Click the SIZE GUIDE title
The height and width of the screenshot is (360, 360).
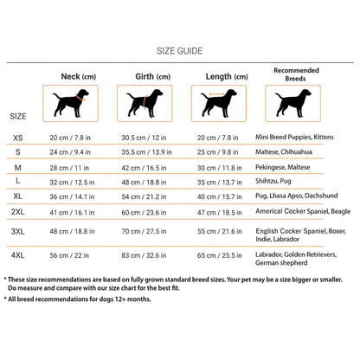tap(179, 51)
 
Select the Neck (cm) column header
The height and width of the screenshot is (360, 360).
tap(79, 77)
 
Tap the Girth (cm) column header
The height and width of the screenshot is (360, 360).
tap(153, 77)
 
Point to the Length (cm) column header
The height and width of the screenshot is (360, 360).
tap(227, 77)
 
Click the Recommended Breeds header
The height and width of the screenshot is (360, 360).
tap(296, 74)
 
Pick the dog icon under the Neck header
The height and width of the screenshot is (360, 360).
tap(70, 103)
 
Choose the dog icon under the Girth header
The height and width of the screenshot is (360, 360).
tap(145, 103)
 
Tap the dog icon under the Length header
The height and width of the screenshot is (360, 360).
tap(219, 103)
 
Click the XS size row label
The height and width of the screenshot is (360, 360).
tap(18, 138)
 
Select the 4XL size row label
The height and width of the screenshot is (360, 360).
tap(18, 255)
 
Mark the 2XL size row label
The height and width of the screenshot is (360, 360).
tap(18, 212)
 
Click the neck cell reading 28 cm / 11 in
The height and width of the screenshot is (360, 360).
tap(69, 168)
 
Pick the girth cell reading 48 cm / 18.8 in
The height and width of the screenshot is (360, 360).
tap(144, 183)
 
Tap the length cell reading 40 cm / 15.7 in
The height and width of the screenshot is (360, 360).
tap(220, 196)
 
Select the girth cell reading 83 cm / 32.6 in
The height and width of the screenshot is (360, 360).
tap(144, 255)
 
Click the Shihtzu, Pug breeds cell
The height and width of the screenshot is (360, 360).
tap(273, 181)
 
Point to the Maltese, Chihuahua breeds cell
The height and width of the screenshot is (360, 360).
tap(284, 151)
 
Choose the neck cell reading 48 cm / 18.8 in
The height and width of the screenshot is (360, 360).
tap(72, 231)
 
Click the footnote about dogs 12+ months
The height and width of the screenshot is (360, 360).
tap(77, 299)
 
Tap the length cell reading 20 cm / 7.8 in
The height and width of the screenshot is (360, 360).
tap(218, 138)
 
